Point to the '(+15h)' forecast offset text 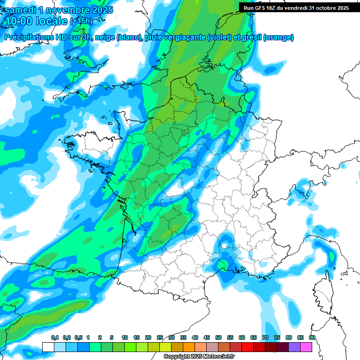tap(81, 22)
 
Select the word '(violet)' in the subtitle tap(219, 37)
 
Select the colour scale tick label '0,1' tap(54, 337)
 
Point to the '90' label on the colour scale tap(312, 337)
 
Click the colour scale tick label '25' tap(160, 337)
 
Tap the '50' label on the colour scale tap(218, 337)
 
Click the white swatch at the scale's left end tap(48, 347)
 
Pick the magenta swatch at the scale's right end tap(306, 347)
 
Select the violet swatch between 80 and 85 tap(294, 347)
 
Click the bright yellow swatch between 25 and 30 tap(165, 347)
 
